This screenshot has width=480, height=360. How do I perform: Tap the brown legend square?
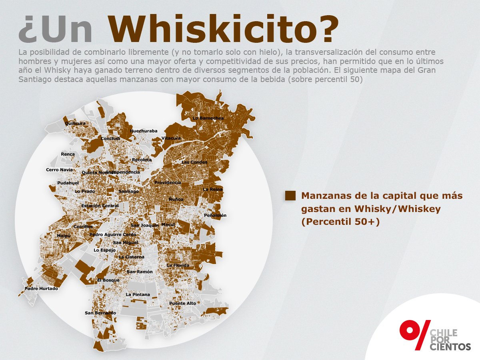click(x=290, y=196)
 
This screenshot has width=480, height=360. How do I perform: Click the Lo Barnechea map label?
click(x=208, y=118)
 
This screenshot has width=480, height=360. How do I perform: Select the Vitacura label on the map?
click(x=171, y=138)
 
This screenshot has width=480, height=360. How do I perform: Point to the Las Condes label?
click(x=194, y=162)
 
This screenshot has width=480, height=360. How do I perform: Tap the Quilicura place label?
click(x=75, y=124)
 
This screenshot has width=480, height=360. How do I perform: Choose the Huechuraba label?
click(x=144, y=131)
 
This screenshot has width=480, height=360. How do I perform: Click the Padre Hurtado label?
click(x=41, y=288)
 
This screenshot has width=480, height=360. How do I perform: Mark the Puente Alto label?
click(x=183, y=303)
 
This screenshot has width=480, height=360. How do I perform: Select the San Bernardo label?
click(x=100, y=313)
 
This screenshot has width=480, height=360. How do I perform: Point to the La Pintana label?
click(x=138, y=295)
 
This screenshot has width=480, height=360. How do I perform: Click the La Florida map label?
click(x=178, y=265)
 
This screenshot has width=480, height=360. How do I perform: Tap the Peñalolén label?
click(x=215, y=215)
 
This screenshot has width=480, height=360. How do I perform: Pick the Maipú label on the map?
click(x=64, y=236)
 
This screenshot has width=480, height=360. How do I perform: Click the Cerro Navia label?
click(x=60, y=170)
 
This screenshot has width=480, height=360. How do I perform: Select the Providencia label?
click(x=168, y=182)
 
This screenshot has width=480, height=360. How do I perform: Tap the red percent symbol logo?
click(x=414, y=334)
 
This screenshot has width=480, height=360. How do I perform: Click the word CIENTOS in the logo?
click(x=450, y=347)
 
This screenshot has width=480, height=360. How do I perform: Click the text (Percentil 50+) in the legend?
click(x=340, y=221)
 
